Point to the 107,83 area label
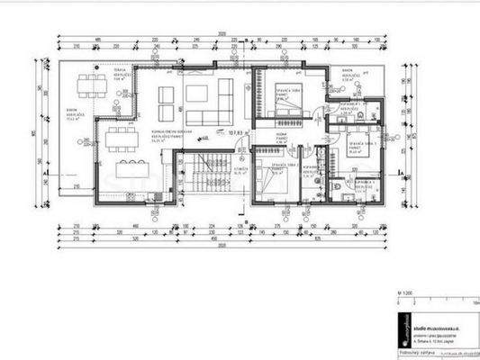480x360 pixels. [x=239, y=132]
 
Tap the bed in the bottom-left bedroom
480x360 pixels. [x=276, y=180]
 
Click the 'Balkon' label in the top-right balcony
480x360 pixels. [x=348, y=68]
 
